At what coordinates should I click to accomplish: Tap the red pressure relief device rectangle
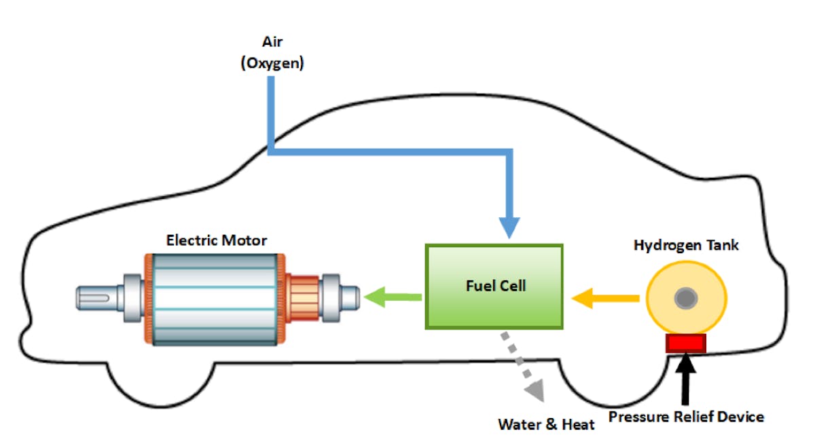(x=686, y=343)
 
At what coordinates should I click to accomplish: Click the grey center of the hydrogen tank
(x=687, y=297)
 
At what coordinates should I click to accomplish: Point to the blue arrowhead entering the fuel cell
(x=509, y=228)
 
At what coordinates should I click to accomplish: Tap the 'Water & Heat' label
(x=546, y=425)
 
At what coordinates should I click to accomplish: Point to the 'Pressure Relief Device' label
(x=686, y=416)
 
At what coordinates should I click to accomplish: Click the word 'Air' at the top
(x=272, y=42)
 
